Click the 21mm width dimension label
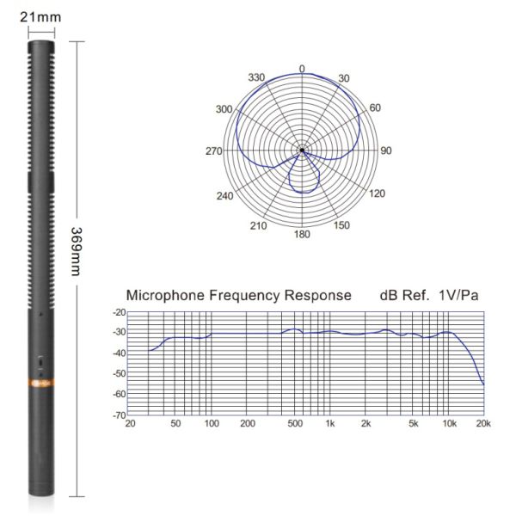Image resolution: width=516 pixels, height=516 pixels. point(40,17)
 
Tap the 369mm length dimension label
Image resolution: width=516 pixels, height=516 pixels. point(76,251)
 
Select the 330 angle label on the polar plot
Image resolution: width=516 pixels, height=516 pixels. point(256,77)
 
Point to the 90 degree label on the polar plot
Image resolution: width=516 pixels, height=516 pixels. point(386,150)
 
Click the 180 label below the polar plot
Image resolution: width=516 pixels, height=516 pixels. point(302,234)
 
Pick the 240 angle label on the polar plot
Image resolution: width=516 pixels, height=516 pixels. point(224,196)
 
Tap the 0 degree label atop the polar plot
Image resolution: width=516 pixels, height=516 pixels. point(302,69)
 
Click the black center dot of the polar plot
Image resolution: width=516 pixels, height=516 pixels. point(302,150)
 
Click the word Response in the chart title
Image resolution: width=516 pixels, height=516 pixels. point(318,295)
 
